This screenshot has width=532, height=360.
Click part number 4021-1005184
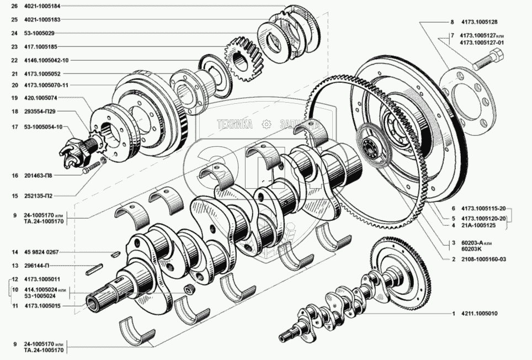pyautogui.click(x=42, y=6)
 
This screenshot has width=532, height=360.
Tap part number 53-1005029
pyautogui.click(x=39, y=33)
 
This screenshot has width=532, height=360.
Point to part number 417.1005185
pyautogui.click(x=41, y=46)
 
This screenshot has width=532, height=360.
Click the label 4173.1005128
pyautogui.click(x=478, y=23)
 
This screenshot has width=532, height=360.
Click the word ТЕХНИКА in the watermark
pyautogui.click(x=235, y=124)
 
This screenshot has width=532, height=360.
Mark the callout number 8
pyautogui.click(x=451, y=23)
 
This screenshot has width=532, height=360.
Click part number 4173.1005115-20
pyautogui.click(x=482, y=209)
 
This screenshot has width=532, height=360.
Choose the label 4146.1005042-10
pyautogui.click(x=46, y=60)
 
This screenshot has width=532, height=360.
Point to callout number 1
pyautogui.click(x=453, y=314)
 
